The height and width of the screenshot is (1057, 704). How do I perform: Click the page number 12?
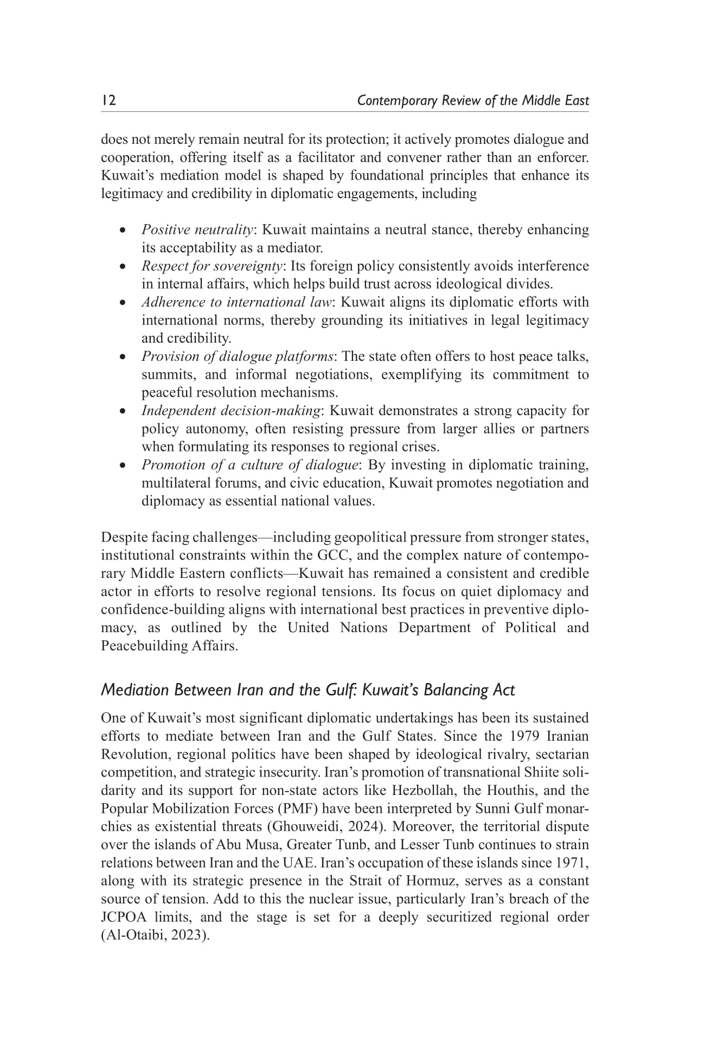(108, 101)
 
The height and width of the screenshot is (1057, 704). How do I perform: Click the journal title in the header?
(472, 101)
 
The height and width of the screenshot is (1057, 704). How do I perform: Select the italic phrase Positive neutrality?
(197, 230)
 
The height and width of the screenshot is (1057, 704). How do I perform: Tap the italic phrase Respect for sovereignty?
(212, 266)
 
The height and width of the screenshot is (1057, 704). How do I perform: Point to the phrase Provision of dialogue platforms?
(237, 356)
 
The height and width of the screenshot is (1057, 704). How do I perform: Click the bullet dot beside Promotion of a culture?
(124, 466)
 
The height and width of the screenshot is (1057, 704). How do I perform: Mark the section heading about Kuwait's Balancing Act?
(308, 690)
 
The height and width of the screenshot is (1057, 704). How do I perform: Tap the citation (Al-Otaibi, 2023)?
(155, 935)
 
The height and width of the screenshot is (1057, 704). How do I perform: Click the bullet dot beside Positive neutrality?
(124, 231)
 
